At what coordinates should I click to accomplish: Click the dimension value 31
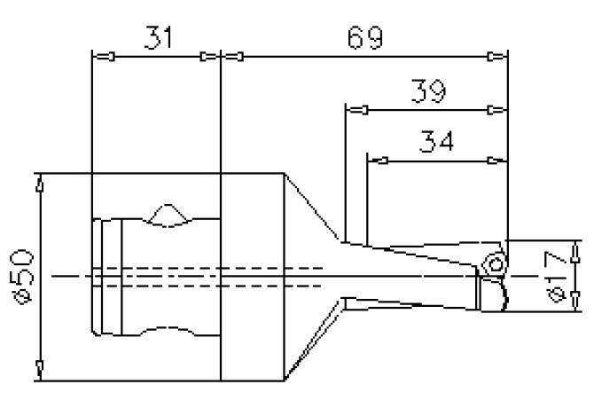click(x=156, y=38)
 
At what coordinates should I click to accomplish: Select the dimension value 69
click(x=364, y=38)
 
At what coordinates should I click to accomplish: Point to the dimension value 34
click(x=436, y=142)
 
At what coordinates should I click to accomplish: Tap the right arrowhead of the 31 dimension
click(x=209, y=58)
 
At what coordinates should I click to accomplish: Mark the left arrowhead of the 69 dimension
click(x=232, y=58)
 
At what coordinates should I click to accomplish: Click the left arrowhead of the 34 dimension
click(x=379, y=161)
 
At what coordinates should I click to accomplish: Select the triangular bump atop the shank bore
click(x=168, y=215)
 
